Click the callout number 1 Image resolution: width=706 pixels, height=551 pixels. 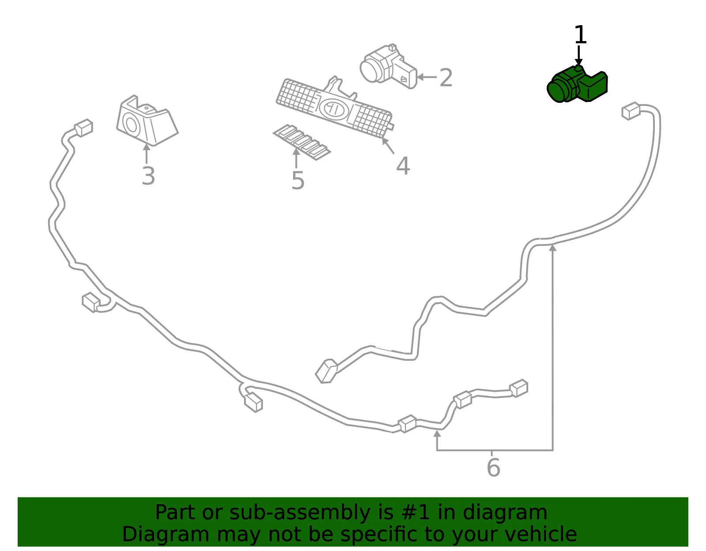580,34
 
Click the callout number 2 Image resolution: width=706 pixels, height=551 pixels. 446,78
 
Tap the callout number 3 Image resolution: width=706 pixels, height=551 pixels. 148,176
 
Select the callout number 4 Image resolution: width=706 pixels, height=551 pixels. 403,165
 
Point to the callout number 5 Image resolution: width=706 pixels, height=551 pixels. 297,180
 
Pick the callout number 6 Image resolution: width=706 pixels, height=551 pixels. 493,468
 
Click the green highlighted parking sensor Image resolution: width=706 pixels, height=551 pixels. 577,84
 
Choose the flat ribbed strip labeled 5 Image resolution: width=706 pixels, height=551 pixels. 301,142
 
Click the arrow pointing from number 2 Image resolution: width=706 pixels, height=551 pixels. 427,77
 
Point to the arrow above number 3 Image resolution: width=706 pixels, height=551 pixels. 146,154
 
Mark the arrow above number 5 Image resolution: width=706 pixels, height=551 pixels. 296,158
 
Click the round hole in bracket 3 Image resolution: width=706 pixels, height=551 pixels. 131,125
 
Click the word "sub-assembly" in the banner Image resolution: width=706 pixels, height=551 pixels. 300,513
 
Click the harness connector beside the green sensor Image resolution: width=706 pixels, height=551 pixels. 631,111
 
